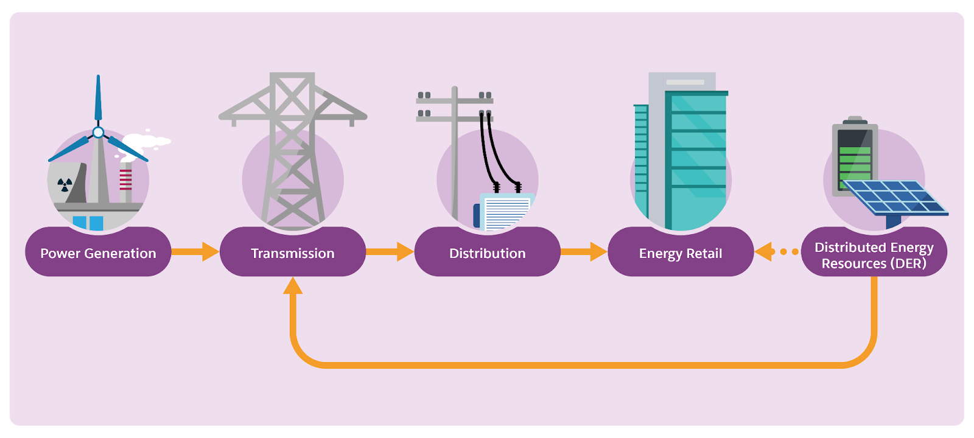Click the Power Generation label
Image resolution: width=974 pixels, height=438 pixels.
[98, 252]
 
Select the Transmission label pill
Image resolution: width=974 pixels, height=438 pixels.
[293, 252]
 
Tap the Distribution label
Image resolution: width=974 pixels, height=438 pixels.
[488, 252]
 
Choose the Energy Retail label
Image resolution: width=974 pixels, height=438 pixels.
[681, 252]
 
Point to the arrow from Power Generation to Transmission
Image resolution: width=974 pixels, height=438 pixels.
[195, 252]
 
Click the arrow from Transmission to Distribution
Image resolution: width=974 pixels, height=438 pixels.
[390, 252]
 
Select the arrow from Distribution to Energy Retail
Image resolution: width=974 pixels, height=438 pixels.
[584, 252]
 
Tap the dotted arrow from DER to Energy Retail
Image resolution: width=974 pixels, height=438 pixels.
[777, 252]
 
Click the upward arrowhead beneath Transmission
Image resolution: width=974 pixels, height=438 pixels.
[293, 286]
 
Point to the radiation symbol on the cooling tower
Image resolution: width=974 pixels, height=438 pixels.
[65, 185]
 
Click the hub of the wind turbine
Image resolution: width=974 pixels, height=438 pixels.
[98, 132]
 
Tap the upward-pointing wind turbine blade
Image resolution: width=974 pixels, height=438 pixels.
[98, 98]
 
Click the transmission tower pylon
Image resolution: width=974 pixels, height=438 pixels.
[293, 151]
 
